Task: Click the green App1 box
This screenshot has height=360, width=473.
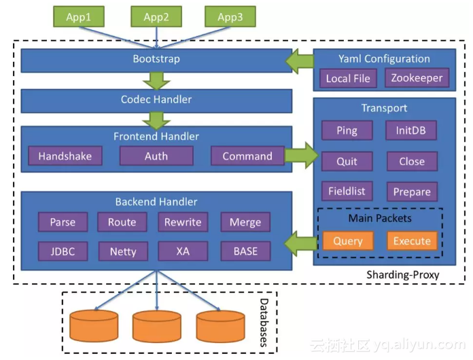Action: click(x=79, y=17)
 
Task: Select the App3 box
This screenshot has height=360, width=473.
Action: click(x=230, y=17)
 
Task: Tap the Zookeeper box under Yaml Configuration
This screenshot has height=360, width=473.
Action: click(x=417, y=78)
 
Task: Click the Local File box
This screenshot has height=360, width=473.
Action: click(x=348, y=79)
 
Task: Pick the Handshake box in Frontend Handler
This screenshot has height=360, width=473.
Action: click(x=65, y=156)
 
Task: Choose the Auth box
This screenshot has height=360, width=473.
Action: click(x=156, y=156)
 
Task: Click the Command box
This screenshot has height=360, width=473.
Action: click(x=247, y=156)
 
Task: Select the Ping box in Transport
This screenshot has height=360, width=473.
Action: click(x=347, y=130)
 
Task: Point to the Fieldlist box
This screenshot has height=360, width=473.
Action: click(x=347, y=192)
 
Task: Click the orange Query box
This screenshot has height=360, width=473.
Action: click(x=348, y=241)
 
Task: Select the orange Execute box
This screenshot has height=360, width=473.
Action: click(x=412, y=241)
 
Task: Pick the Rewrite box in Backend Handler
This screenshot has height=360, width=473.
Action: click(x=183, y=222)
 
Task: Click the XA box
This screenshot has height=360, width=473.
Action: click(x=183, y=251)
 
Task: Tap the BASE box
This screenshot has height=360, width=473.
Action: click(x=245, y=251)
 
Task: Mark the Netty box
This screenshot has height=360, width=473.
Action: click(x=122, y=251)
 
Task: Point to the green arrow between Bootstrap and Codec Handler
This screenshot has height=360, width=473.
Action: click(x=157, y=80)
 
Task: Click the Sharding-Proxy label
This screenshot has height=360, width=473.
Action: click(x=402, y=274)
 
